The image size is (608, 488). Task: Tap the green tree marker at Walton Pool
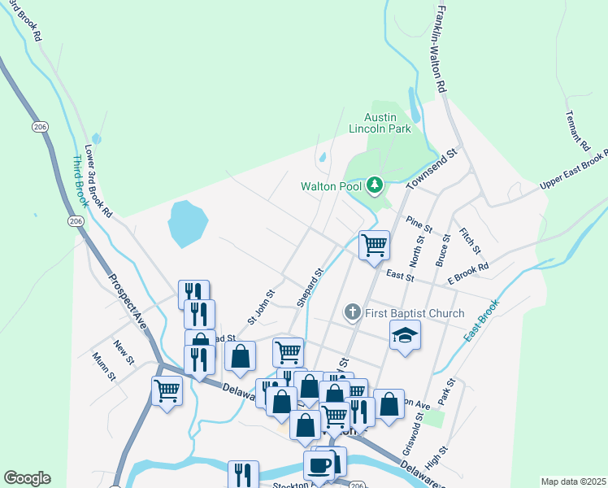(x=374, y=185)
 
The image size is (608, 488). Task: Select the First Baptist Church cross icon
(x=352, y=312)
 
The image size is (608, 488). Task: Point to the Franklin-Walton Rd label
(x=441, y=49)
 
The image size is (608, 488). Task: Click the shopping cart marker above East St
(x=374, y=244)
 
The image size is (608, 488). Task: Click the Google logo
(x=27, y=478)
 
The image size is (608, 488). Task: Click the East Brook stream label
(x=480, y=324)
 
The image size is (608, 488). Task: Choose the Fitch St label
(x=470, y=240)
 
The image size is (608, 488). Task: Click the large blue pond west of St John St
(x=187, y=224)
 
